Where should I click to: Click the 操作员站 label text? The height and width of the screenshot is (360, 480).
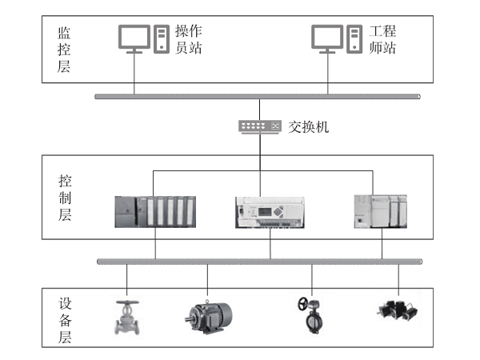click(x=189, y=38)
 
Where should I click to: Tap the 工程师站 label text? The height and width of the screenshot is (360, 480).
click(x=382, y=38)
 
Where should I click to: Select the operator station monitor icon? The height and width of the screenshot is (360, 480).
click(x=134, y=38)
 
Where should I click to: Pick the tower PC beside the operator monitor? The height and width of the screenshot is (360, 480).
click(x=162, y=38)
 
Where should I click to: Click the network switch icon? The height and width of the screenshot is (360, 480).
click(x=260, y=126)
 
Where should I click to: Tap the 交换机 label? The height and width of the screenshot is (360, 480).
click(x=308, y=126)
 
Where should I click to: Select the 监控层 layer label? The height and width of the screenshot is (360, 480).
click(x=64, y=50)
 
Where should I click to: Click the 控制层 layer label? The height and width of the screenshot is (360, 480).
click(x=64, y=197)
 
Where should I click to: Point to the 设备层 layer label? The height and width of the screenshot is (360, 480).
click(x=64, y=321)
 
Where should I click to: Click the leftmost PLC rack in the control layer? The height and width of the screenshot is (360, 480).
click(x=154, y=212)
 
